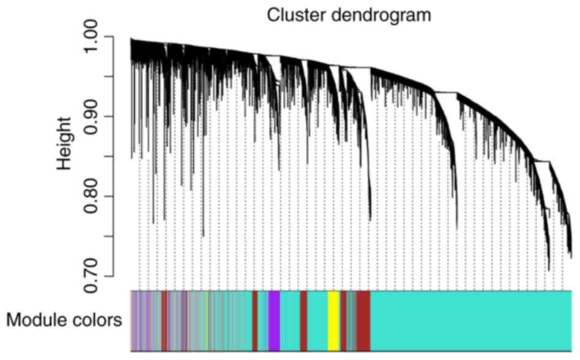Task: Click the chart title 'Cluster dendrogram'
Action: [349, 15]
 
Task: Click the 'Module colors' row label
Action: [64, 320]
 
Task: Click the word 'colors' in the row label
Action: [99, 320]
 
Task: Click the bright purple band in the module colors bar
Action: [274, 320]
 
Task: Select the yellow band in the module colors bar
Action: [333, 320]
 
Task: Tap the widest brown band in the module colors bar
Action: [363, 320]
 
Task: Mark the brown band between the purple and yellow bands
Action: [303, 320]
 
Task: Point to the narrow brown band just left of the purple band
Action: [255, 320]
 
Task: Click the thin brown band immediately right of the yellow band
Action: [344, 320]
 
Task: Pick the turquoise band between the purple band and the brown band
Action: [290, 320]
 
